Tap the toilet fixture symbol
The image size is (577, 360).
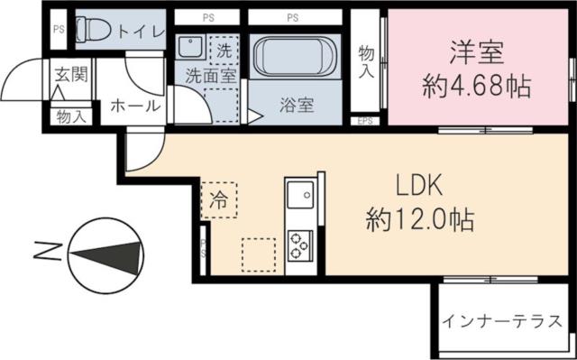93,31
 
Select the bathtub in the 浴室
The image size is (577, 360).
294,60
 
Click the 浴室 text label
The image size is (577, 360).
295,106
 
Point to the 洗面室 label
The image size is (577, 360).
211,76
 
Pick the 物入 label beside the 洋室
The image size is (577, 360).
366,64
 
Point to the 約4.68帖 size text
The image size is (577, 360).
476,88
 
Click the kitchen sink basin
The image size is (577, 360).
298,194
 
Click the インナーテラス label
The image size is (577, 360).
502,320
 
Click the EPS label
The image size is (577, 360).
366,120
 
